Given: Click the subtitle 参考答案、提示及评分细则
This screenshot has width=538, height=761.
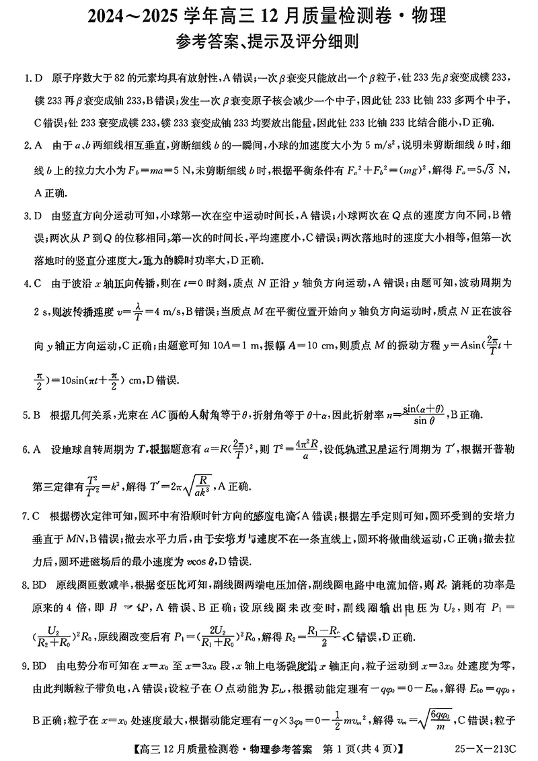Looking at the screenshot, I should click(x=268, y=42).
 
